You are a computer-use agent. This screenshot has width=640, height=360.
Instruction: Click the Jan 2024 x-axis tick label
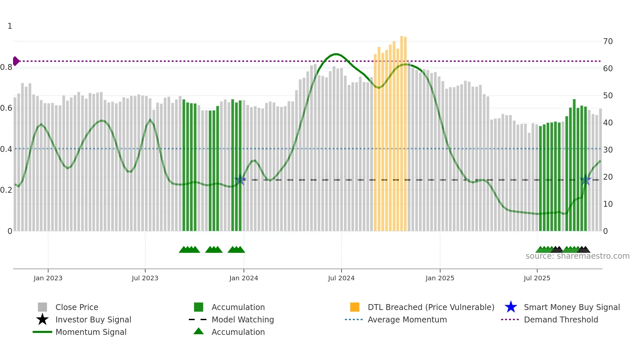click(244, 278)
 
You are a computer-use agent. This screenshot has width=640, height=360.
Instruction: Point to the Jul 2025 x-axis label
click(537, 278)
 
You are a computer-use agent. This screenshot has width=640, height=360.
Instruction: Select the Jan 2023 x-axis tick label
click(48, 278)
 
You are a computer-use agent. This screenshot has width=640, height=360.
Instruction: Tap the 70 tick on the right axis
click(608, 41)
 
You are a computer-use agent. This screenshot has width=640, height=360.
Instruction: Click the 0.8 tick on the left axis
click(6, 67)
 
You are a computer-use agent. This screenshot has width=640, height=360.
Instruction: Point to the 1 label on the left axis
click(10, 26)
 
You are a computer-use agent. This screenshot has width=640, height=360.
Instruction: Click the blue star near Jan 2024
click(240, 180)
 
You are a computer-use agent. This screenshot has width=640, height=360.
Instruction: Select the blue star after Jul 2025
click(585, 180)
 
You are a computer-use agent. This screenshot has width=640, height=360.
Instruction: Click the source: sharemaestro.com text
click(577, 256)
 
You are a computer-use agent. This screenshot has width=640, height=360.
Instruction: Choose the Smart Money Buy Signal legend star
click(511, 307)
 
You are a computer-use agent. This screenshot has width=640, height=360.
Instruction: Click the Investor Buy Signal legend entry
click(93, 319)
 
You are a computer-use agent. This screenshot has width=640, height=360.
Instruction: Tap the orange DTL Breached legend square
click(355, 307)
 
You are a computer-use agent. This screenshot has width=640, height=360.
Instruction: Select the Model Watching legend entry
click(242, 319)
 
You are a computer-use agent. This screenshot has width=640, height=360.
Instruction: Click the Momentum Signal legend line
click(42, 332)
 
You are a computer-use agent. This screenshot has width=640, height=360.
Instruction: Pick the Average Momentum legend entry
click(407, 319)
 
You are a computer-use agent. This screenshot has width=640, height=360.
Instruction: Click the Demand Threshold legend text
click(561, 319)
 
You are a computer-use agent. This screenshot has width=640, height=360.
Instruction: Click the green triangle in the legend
click(199, 331)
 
